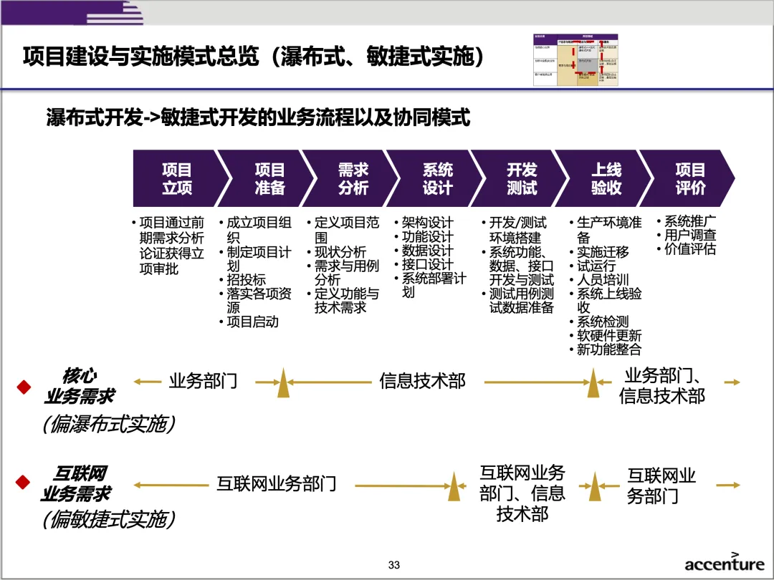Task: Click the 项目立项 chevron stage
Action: click(176, 179)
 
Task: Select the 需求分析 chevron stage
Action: click(353, 179)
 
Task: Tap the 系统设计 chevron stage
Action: click(437, 179)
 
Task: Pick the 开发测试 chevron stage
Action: click(522, 179)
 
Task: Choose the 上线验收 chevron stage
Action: click(606, 179)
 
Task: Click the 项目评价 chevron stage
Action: click(690, 179)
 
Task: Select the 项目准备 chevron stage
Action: click(269, 179)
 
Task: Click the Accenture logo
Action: click(724, 562)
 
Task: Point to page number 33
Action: click(393, 565)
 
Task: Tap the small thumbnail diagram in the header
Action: click(575, 59)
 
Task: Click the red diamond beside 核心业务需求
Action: click(24, 387)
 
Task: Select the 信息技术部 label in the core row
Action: click(422, 381)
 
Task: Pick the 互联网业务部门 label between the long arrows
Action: click(277, 484)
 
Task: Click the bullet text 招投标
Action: click(246, 280)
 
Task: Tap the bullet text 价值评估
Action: click(689, 250)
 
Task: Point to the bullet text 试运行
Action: click(596, 266)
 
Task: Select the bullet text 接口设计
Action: click(427, 264)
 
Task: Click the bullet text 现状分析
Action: click(340, 252)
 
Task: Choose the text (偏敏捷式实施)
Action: click(108, 519)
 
